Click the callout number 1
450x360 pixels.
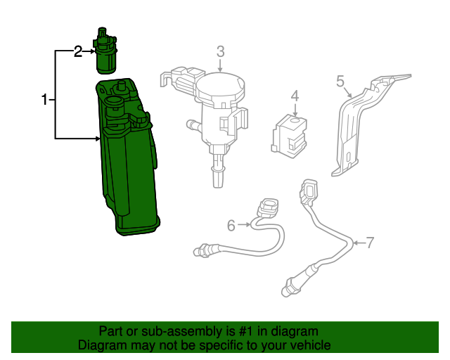[44, 100]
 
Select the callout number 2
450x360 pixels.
[78, 51]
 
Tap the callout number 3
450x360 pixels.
[220, 51]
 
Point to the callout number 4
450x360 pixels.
[295, 96]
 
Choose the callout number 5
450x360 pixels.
[340, 82]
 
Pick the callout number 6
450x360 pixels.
[231, 225]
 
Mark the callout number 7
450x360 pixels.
[370, 243]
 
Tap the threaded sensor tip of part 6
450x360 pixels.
[198, 249]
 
